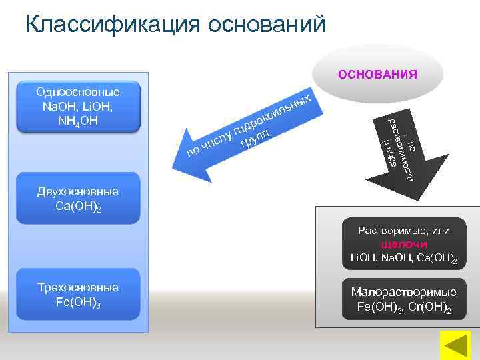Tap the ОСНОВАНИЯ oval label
click(377, 74)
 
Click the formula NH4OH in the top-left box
click(79, 121)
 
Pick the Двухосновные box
click(79, 199)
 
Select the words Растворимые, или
click(403, 231)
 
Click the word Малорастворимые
click(403, 292)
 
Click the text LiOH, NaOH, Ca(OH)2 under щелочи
click(403, 258)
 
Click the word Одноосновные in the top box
click(78, 92)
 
